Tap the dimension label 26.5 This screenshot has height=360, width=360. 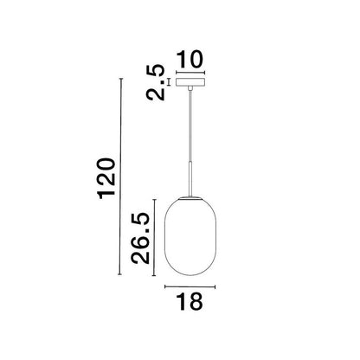point(140,238)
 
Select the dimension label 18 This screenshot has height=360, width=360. point(189,301)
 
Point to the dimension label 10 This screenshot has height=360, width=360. point(190,60)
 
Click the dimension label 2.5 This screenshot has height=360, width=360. point(156,83)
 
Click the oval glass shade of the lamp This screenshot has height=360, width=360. point(190,236)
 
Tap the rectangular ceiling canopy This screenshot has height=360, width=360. point(190,82)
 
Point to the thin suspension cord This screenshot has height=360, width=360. point(190,126)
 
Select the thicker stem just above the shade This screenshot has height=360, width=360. point(190,179)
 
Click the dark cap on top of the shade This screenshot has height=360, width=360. point(190,198)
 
